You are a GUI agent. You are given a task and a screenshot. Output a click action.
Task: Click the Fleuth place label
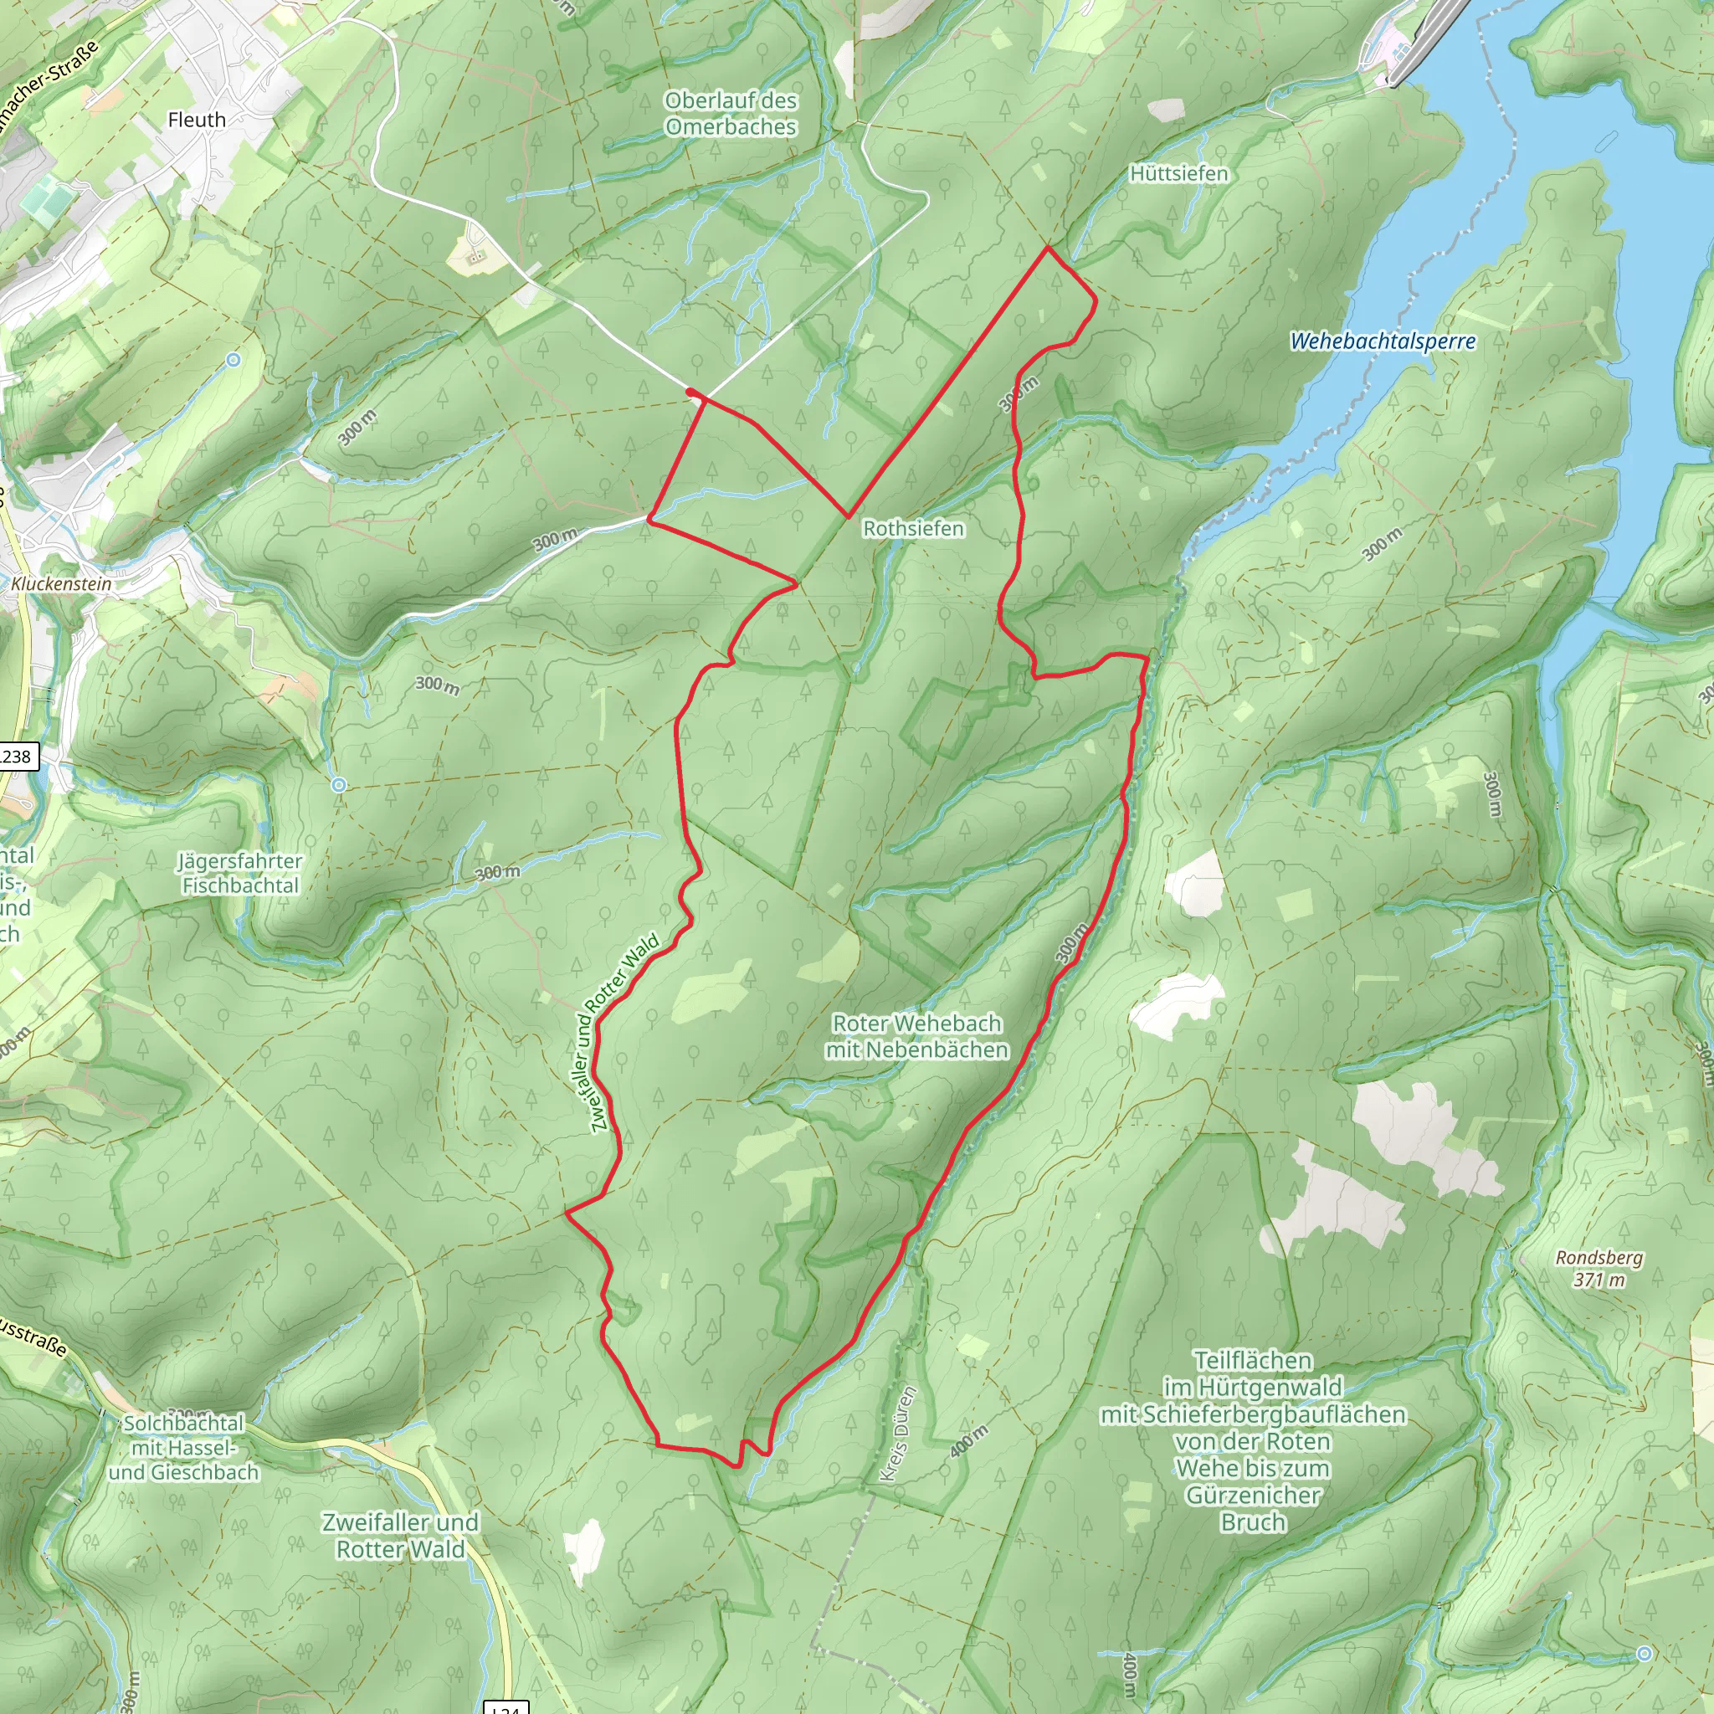pyautogui.click(x=196, y=120)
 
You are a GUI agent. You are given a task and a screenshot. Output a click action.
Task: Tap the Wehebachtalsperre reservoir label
pyautogui.click(x=1383, y=341)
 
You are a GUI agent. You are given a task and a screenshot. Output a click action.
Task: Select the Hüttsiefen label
pyautogui.click(x=1178, y=174)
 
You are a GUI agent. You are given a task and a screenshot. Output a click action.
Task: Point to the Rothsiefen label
pyautogui.click(x=913, y=529)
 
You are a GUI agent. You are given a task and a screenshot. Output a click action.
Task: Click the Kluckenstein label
pyautogui.click(x=61, y=584)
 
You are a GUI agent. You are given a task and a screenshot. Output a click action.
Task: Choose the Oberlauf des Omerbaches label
pyautogui.click(x=731, y=114)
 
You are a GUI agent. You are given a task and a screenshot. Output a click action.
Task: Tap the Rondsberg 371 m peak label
pyautogui.click(x=1599, y=1269)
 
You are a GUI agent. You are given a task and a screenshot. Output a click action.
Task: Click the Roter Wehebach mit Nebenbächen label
pyautogui.click(x=916, y=1036)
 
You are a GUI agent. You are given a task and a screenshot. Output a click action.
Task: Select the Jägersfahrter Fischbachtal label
pyautogui.click(x=239, y=873)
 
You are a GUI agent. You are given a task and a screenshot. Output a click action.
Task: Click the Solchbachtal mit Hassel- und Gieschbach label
pyautogui.click(x=183, y=1448)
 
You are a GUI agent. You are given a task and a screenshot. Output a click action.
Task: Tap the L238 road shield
pyautogui.click(x=15, y=757)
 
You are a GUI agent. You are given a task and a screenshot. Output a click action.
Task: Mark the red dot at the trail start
pyautogui.click(x=690, y=391)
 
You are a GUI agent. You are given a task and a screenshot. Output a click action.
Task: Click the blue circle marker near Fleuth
pyautogui.click(x=233, y=359)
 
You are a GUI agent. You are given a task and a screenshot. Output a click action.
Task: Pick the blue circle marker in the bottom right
pyautogui.click(x=1644, y=1653)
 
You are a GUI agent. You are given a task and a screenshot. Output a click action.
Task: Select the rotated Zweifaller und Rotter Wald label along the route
pyautogui.click(x=624, y=1033)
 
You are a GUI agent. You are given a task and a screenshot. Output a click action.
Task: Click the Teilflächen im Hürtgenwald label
pyautogui.click(x=1253, y=1441)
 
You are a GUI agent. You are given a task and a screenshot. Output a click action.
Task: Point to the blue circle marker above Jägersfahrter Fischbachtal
pyautogui.click(x=339, y=785)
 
